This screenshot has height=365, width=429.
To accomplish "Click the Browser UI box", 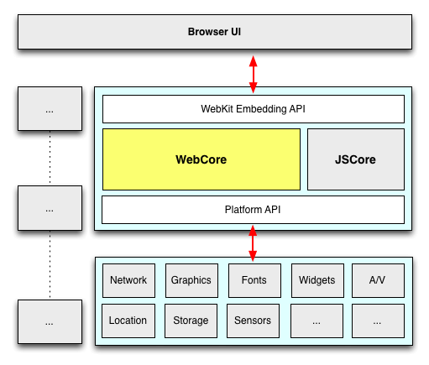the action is click(215, 32).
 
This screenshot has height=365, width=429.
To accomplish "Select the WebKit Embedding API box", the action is click(254, 109).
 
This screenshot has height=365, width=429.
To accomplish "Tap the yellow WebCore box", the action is click(201, 159).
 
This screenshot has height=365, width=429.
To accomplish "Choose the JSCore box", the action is click(356, 159).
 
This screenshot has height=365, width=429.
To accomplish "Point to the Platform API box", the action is click(253, 210).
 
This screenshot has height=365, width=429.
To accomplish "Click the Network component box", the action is click(128, 280).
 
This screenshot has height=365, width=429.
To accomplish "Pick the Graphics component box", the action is click(191, 280).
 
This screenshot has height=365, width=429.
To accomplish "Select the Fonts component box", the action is click(254, 280).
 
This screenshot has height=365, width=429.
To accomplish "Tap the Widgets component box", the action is click(317, 280).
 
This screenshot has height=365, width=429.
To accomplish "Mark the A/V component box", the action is click(378, 280).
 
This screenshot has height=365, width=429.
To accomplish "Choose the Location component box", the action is click(128, 321).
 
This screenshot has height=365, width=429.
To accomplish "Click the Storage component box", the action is click(191, 321).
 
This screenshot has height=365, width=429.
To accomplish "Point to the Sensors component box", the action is click(253, 321).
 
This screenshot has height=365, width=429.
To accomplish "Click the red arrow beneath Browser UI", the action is click(254, 75).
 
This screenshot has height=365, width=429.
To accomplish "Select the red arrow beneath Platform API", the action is click(253, 243).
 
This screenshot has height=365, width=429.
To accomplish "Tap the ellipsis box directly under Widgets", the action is click(317, 321).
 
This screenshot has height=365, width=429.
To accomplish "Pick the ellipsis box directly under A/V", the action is click(378, 321).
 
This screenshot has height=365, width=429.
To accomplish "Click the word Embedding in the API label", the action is click(261, 109).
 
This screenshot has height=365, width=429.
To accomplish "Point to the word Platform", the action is click(243, 210).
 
